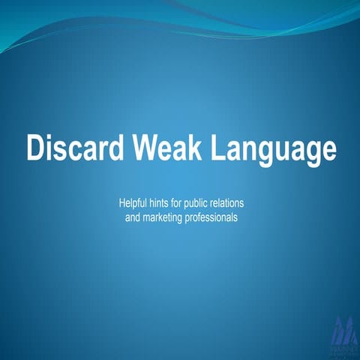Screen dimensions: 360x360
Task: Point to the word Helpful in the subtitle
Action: click(134, 203)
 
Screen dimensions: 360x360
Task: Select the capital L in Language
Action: click(216, 148)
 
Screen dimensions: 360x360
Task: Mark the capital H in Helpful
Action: click(122, 203)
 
